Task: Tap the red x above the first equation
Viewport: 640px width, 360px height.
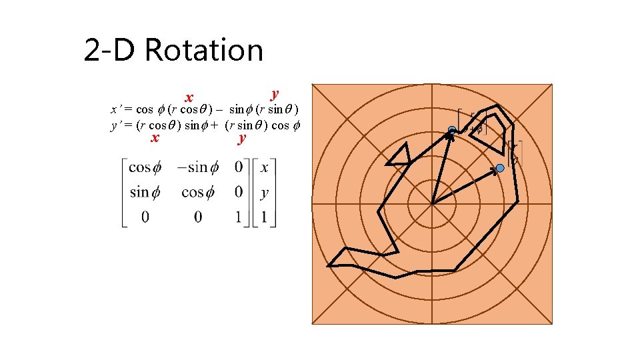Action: (189, 99)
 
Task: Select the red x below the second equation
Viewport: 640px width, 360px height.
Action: (155, 137)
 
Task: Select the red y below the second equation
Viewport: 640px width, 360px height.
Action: (241, 138)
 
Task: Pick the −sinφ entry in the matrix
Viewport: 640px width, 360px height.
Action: (197, 167)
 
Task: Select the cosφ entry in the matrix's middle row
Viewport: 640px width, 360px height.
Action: (197, 192)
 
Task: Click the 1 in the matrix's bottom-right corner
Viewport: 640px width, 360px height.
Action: (265, 217)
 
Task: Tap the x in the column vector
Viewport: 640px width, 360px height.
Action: (265, 167)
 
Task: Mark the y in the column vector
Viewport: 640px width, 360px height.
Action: (265, 193)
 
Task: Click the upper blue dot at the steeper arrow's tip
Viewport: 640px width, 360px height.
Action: (452, 130)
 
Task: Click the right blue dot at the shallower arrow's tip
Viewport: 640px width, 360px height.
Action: (500, 169)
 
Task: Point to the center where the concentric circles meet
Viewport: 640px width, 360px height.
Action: (432, 203)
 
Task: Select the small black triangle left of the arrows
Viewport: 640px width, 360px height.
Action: (400, 156)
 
